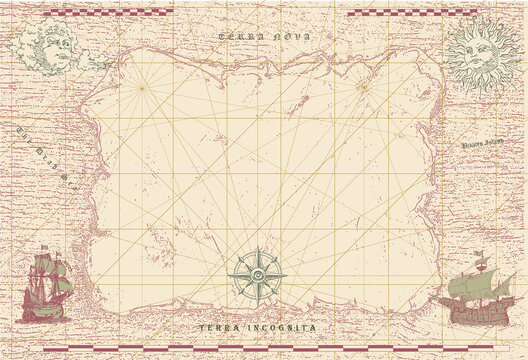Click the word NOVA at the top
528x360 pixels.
tap(291, 36)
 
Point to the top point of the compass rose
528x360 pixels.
tap(257, 247)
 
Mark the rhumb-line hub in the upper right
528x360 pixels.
tap(363, 87)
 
